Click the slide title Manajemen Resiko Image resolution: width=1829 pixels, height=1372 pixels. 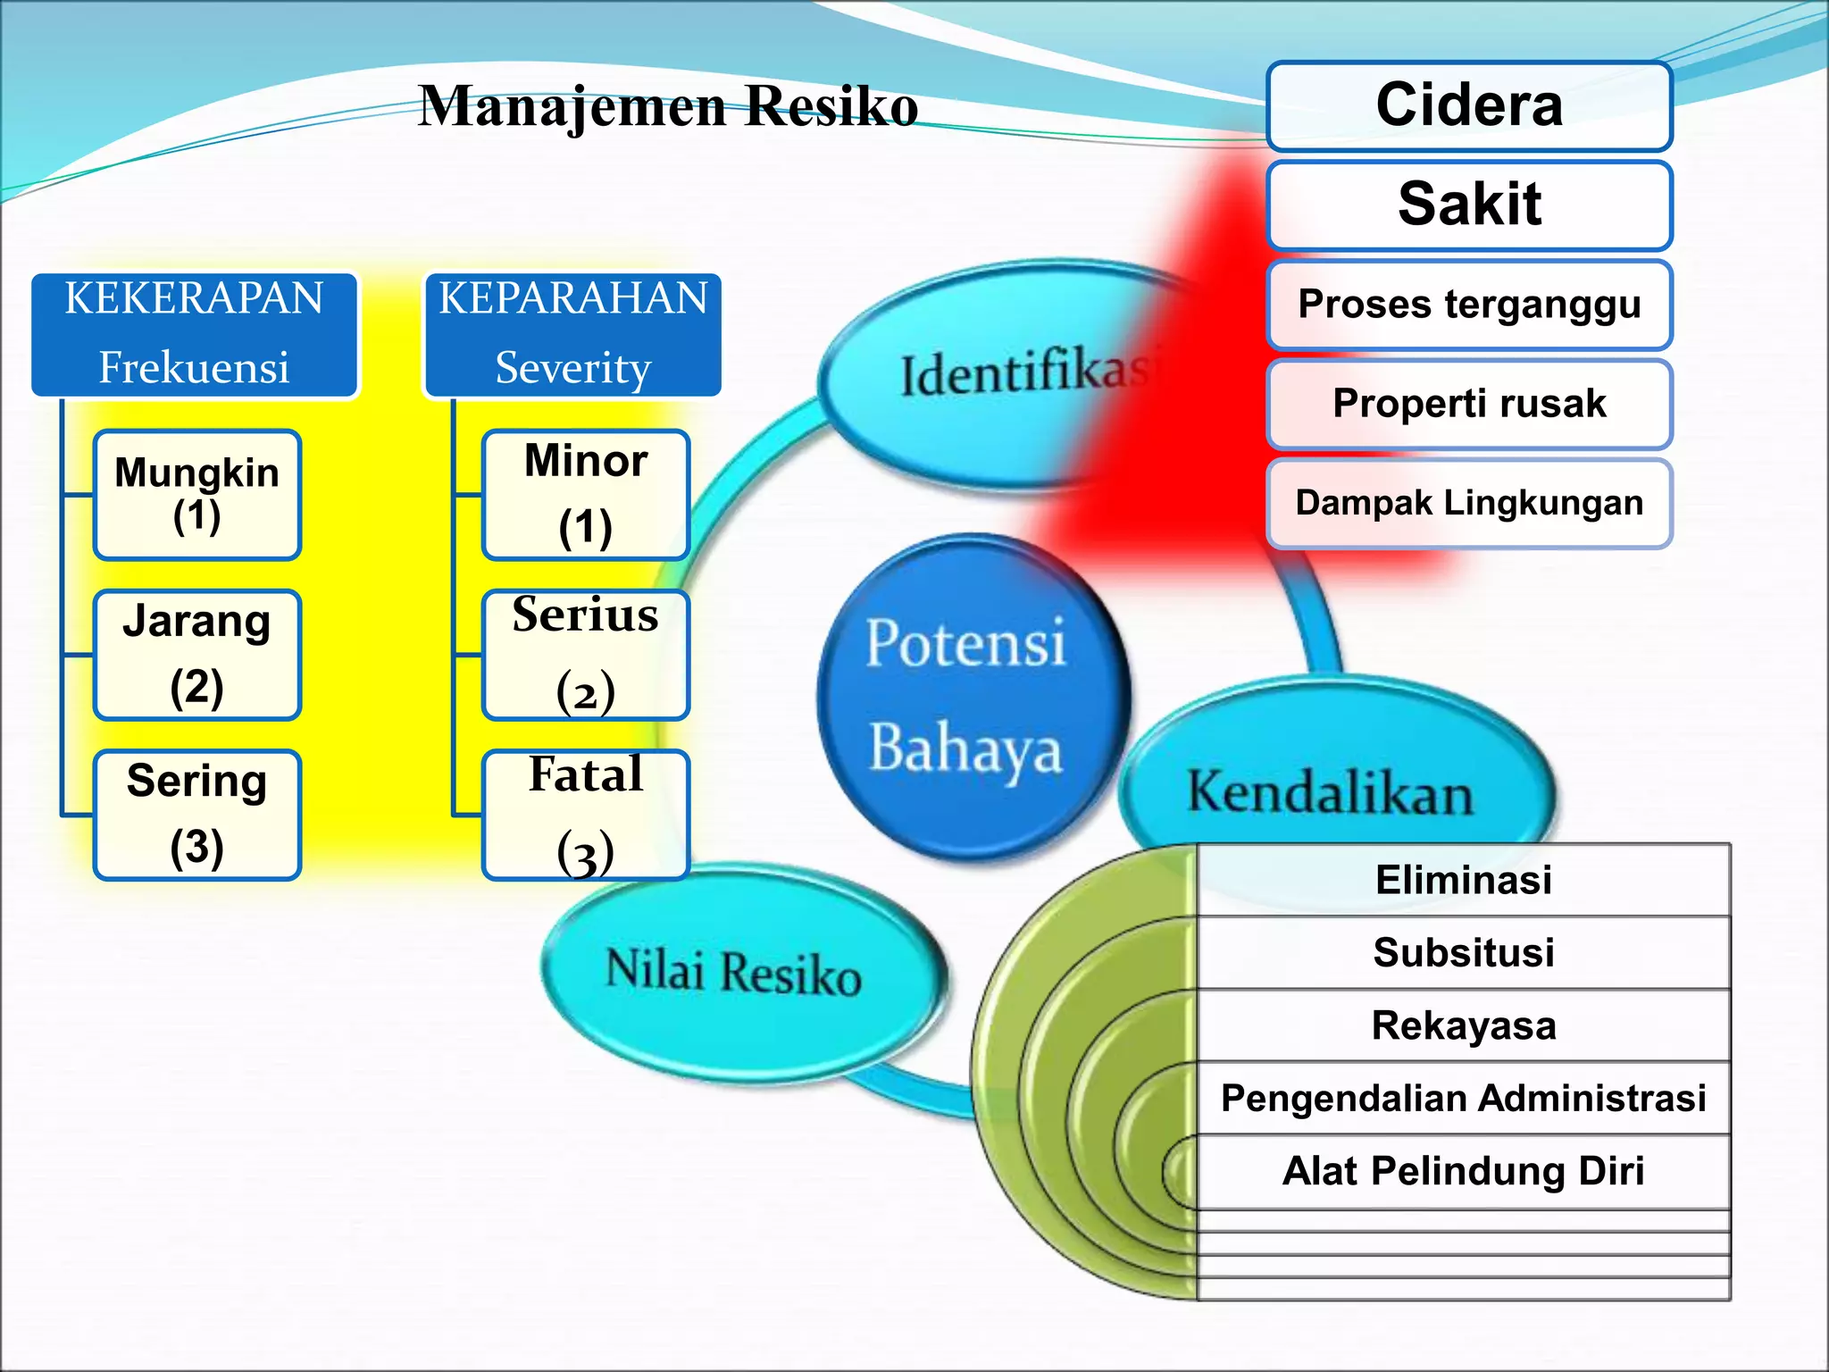pyautogui.click(x=668, y=106)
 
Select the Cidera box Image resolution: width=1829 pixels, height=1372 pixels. pyautogui.click(x=1469, y=105)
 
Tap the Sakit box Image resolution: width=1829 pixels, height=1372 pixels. pyautogui.click(x=1469, y=205)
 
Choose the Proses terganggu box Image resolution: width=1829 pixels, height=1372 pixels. pyautogui.click(x=1469, y=304)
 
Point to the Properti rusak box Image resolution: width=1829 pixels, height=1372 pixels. pyautogui.click(x=1469, y=403)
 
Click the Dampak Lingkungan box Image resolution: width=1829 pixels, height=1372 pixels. pyautogui.click(x=1469, y=503)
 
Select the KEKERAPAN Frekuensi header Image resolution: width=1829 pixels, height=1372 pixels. pyautogui.click(x=194, y=334)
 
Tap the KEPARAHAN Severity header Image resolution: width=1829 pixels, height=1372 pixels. pyautogui.click(x=572, y=334)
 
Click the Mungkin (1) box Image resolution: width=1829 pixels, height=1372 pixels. pyautogui.click(x=196, y=495)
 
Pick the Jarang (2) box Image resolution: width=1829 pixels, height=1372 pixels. pyautogui.click(x=196, y=655)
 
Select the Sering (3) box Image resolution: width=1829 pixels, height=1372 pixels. pyautogui.click(x=196, y=815)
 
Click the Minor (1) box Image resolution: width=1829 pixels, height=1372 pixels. pyautogui.click(x=585, y=495)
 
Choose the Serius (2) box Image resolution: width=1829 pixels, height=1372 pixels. pyautogui.click(x=585, y=655)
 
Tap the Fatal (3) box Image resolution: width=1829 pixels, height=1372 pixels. pyautogui.click(x=585, y=815)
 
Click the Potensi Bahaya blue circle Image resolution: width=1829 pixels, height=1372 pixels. pyautogui.click(x=969, y=697)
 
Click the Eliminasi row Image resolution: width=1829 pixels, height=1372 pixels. pyautogui.click(x=1463, y=880)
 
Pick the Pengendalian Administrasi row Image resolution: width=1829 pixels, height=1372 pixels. pyautogui.click(x=1463, y=1098)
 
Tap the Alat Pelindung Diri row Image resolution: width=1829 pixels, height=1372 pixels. pyautogui.click(x=1463, y=1171)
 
